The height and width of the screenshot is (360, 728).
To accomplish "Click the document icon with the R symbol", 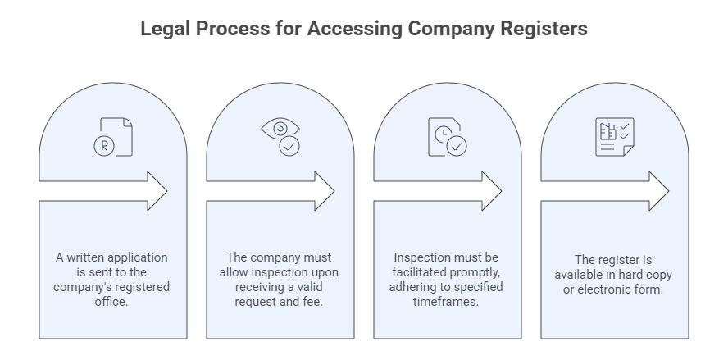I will pos(113,137).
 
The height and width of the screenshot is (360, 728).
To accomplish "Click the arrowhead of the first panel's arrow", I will pos(156,191).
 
